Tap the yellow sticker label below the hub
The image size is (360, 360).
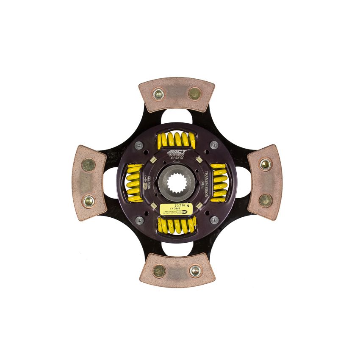click(177, 208)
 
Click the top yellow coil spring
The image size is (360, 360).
click(177, 140)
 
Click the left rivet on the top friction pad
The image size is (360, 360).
click(158, 94)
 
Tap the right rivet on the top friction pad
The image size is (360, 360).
click(194, 94)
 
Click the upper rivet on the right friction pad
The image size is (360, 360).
click(266, 164)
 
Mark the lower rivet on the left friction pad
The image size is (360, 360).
click(89, 200)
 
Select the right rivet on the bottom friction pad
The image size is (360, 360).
click(195, 271)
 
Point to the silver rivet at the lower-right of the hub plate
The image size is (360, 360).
click(214, 219)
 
